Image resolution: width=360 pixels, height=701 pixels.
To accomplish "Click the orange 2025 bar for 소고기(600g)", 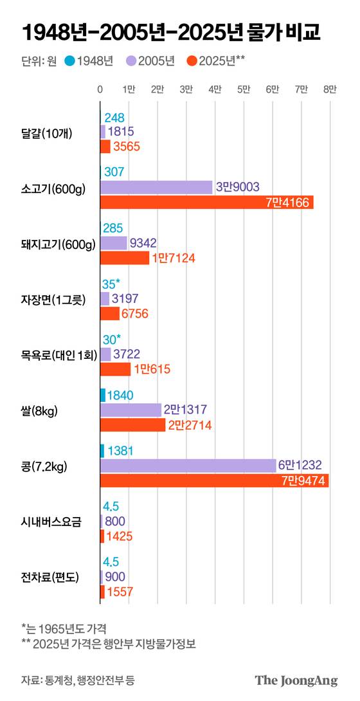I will pos(206,203).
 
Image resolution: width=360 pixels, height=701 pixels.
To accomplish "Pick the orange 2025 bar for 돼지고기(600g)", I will pos(125,258).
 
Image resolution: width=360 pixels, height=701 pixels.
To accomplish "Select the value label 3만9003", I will pos(238,187).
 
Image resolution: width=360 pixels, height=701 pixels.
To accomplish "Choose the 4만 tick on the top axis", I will pos(215,90).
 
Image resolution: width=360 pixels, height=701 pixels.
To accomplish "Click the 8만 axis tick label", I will pos(330,90).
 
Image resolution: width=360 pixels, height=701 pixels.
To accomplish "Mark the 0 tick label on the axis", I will pos(100,90).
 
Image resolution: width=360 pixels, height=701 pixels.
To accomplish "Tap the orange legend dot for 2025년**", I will pos(191,61).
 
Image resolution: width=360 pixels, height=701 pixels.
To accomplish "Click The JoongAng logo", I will pos(296,680).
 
